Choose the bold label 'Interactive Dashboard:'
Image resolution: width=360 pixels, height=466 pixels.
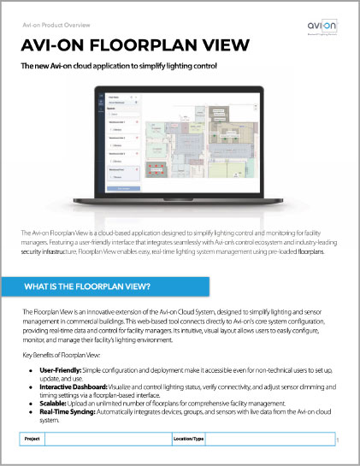point(70,386)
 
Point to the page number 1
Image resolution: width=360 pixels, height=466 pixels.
point(339,440)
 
